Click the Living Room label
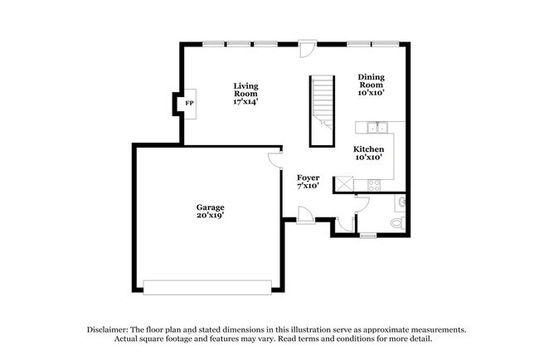click(245, 93)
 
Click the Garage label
click(210, 211)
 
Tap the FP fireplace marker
click(189, 103)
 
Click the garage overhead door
click(208, 286)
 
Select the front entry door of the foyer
click(306, 216)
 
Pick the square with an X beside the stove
click(343, 184)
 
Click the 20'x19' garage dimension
click(210, 216)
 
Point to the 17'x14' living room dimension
click(245, 102)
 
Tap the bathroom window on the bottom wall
click(367, 236)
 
